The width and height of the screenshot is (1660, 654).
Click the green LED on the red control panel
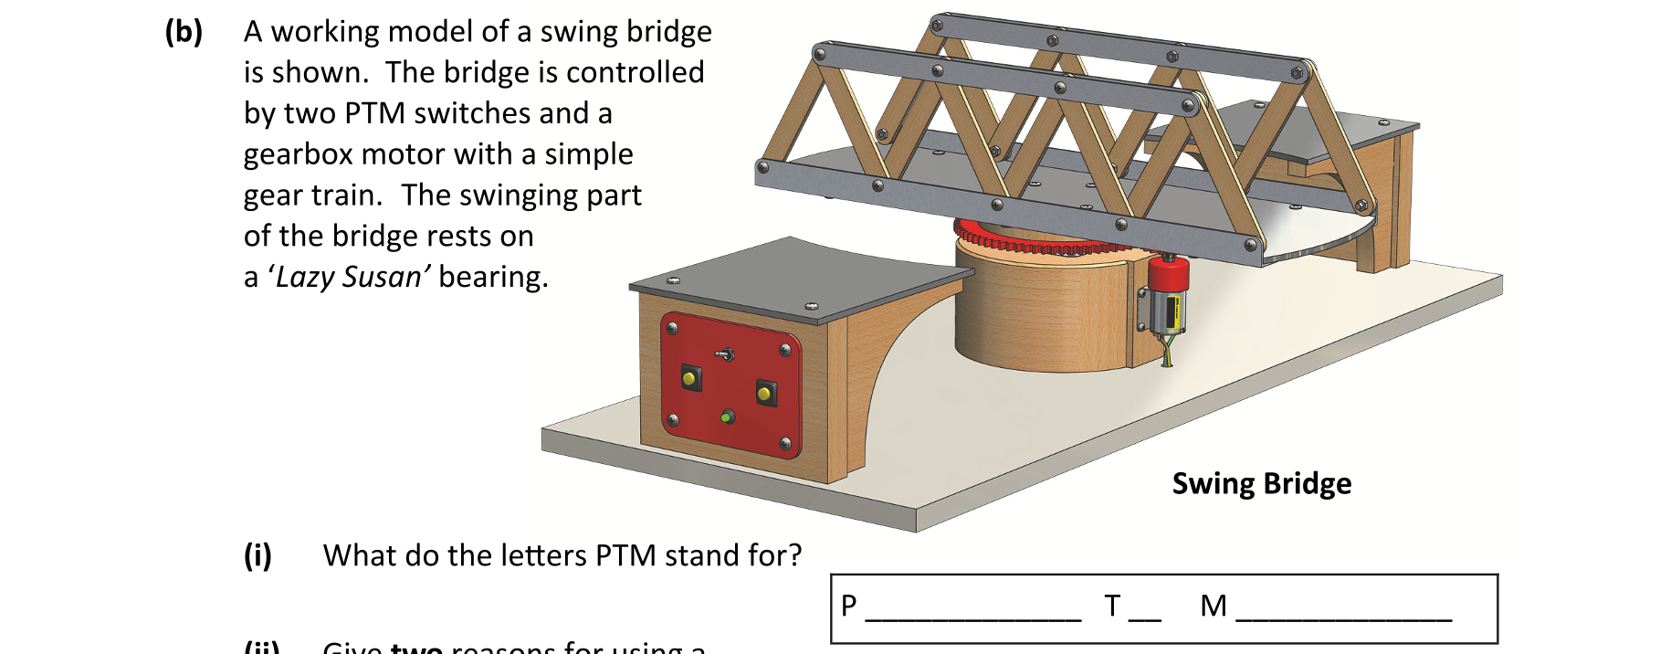coord(727,417)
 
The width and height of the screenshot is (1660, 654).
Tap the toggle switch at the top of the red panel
coord(726,353)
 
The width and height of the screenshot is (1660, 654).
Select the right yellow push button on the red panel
coord(765,394)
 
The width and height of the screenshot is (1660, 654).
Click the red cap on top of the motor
coord(1168,271)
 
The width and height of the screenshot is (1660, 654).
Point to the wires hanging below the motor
coord(1166,351)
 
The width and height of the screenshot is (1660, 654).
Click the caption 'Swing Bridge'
coord(1261,483)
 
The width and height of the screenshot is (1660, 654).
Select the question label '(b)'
coord(184,32)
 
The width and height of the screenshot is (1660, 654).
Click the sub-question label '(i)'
coord(257,555)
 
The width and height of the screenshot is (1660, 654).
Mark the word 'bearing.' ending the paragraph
coord(493,277)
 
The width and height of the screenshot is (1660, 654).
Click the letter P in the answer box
coord(849,606)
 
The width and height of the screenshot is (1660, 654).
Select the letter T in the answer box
coord(1111,606)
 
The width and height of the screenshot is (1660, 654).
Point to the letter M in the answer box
coord(1213,606)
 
